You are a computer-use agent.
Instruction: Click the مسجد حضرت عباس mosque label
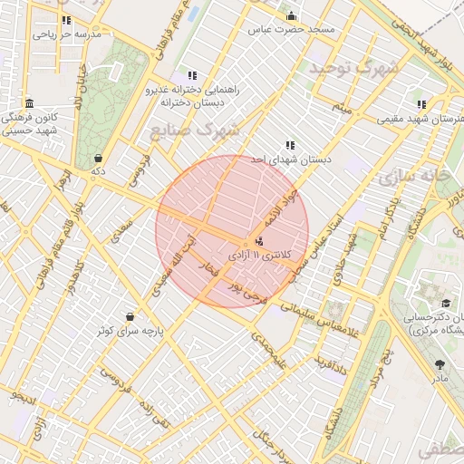[292, 29]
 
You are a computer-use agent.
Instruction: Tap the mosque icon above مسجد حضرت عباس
[291, 15]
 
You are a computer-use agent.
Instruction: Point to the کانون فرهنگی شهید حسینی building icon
[30, 103]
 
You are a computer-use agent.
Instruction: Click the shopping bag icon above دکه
[98, 157]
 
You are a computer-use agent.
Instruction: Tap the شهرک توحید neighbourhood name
[353, 68]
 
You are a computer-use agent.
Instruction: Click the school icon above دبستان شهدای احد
[290, 145]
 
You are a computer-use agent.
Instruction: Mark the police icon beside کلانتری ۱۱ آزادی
[260, 241]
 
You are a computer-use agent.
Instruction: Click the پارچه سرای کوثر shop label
[132, 331]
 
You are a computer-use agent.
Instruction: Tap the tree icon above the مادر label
[440, 364]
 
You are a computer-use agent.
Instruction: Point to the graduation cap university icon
[446, 304]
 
